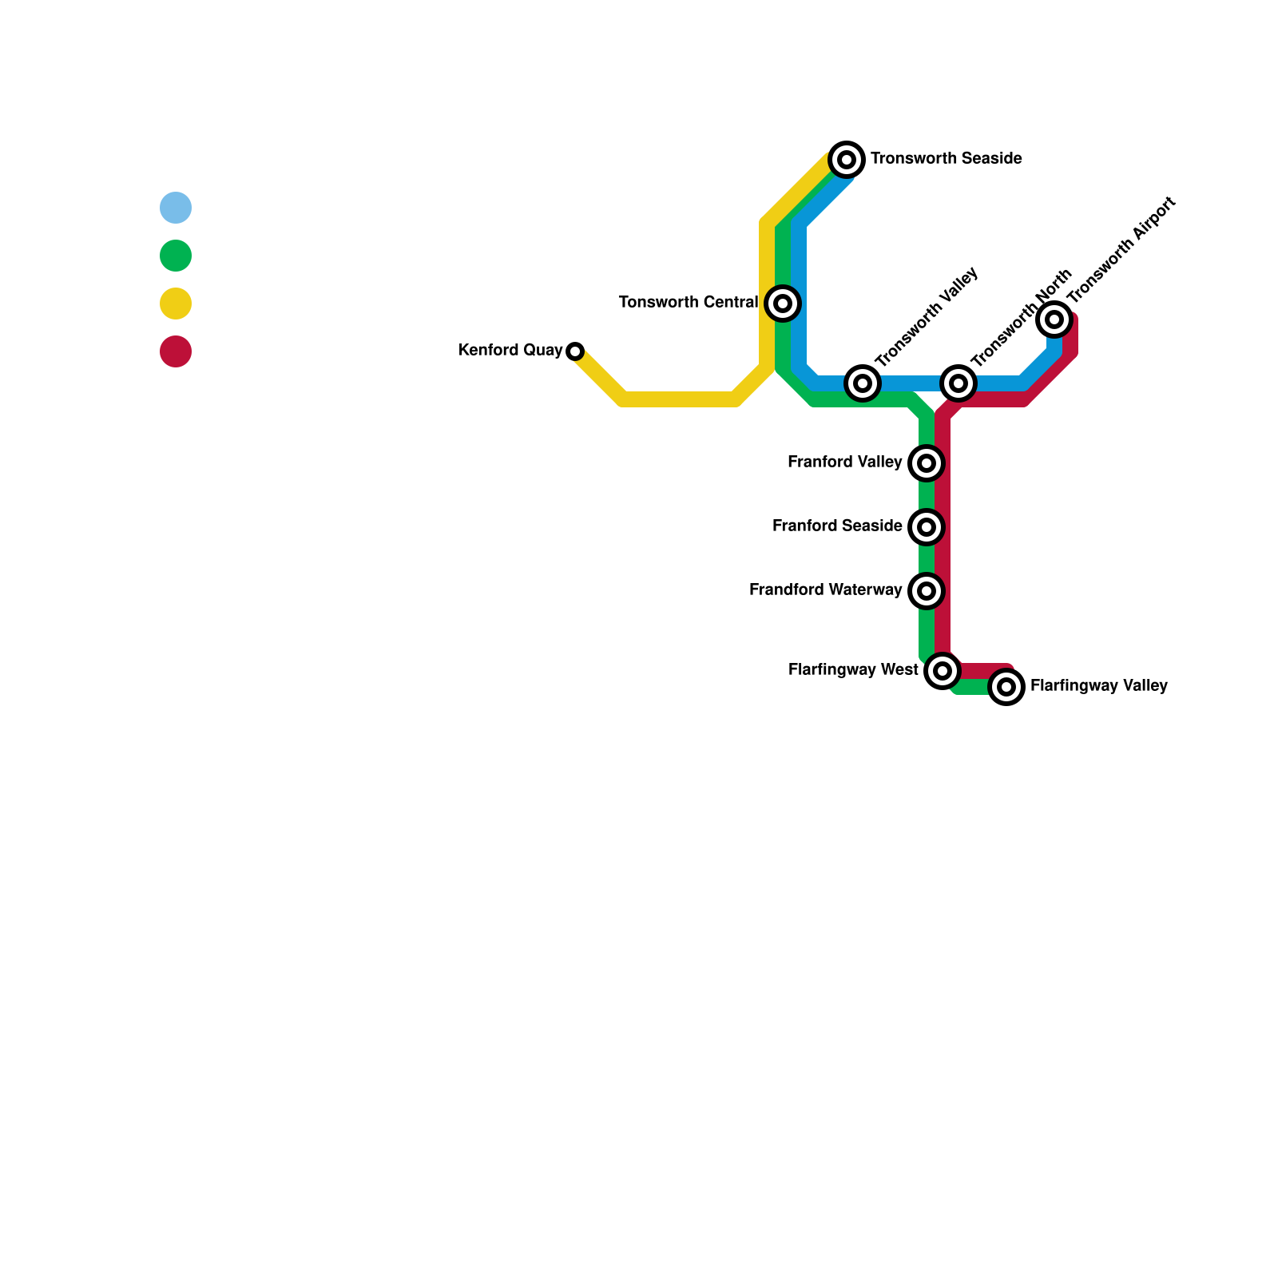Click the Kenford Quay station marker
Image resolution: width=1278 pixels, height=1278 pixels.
[575, 351]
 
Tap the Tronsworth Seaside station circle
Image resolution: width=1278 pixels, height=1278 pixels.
[847, 160]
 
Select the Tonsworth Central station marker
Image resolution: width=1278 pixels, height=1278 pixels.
[783, 304]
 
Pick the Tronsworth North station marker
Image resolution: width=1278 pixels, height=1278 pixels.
[958, 383]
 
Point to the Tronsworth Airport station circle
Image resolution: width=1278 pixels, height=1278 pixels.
[1054, 319]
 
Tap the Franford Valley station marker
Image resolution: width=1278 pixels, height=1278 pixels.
[927, 463]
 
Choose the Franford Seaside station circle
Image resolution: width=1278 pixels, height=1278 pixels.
[927, 527]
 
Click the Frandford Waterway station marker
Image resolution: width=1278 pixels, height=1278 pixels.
[927, 591]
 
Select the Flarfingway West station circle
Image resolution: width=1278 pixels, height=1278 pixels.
[943, 671]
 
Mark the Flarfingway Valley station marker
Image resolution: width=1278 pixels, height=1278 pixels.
[1006, 687]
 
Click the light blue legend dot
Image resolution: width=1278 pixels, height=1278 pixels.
[176, 208]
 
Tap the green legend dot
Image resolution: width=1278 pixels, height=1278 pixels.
[176, 256]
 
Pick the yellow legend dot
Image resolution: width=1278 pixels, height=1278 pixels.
[176, 304]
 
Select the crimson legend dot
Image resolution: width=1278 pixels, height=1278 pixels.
[176, 351]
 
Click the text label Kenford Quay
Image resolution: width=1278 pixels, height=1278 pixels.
[510, 351]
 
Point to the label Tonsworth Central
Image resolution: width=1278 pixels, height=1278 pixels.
[688, 303]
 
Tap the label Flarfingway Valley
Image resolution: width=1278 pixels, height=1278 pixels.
[1099, 686]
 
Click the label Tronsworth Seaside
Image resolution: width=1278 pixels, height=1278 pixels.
[947, 159]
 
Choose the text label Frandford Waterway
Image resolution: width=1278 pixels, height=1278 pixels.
[825, 590]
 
